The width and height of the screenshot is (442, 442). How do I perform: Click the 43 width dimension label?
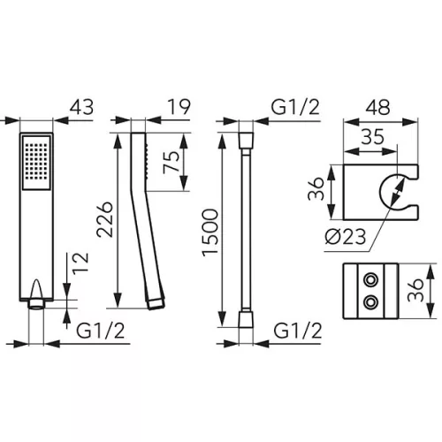[81, 107]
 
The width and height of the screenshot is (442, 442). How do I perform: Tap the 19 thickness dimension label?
[179, 107]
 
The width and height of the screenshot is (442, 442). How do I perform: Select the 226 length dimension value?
[105, 220]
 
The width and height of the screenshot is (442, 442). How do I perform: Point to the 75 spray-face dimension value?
[171, 162]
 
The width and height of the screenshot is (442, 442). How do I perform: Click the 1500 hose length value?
[210, 232]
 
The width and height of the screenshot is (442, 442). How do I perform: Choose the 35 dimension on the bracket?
[373, 137]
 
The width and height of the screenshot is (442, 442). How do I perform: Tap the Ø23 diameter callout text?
[346, 236]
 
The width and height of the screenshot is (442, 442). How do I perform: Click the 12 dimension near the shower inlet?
[80, 263]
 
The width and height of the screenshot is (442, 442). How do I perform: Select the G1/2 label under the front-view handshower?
[101, 331]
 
